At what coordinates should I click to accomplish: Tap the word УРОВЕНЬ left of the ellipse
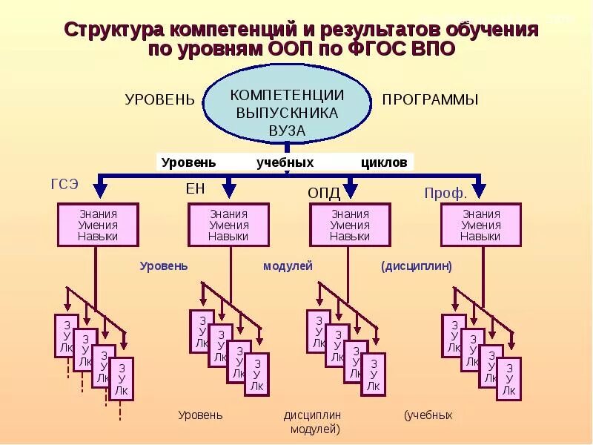point(159,99)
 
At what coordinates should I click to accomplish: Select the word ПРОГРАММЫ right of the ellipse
point(430,99)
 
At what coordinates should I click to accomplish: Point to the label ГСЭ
point(64,185)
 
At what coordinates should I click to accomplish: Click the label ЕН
point(195,189)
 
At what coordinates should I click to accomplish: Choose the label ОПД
point(324,194)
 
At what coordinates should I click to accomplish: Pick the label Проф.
point(445,194)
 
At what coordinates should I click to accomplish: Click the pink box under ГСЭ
point(98,225)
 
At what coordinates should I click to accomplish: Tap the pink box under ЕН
point(228,225)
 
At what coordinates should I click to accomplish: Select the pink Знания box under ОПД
point(350,225)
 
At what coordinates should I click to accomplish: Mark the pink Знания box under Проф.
point(480,225)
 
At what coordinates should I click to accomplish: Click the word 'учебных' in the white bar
point(285,162)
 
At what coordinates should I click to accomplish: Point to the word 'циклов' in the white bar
point(384,162)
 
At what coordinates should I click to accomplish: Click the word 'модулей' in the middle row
point(288,266)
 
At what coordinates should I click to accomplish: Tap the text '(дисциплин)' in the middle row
point(417,266)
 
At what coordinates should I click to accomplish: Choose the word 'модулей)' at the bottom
point(315,429)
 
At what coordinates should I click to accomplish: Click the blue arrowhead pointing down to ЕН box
point(228,188)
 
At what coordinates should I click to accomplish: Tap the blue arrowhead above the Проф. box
point(479,188)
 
